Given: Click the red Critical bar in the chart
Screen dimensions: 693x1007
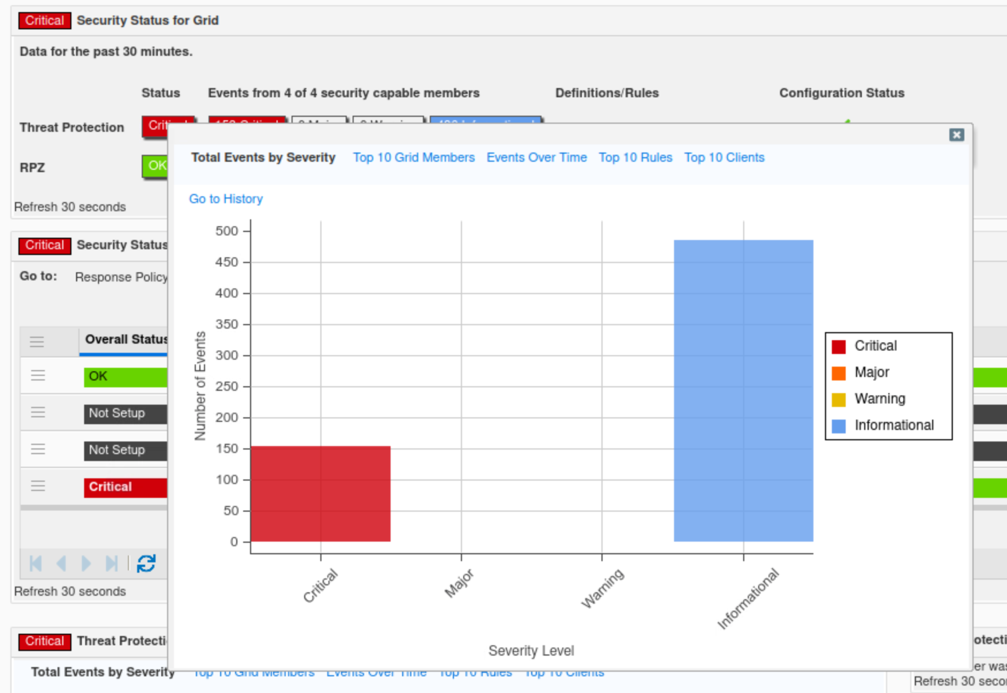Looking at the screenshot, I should click(x=320, y=493).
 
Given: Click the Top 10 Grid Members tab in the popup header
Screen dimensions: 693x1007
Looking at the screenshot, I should click(x=414, y=158).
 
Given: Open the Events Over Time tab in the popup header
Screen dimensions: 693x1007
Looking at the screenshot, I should click(x=536, y=158).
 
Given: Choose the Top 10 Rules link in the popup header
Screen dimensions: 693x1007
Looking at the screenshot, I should click(x=635, y=158).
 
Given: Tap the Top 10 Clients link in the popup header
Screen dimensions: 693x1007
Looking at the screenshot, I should click(x=724, y=158).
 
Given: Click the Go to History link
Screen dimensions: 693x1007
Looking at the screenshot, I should click(x=226, y=199).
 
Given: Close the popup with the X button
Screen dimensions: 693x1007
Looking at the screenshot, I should click(x=956, y=135).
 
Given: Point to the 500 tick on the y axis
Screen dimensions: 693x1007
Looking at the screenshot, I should click(x=226, y=231).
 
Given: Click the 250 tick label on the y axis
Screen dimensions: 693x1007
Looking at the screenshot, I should click(x=226, y=387).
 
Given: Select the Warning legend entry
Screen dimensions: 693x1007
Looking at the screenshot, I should click(x=879, y=399).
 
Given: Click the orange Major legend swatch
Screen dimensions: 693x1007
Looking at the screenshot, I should click(x=839, y=373).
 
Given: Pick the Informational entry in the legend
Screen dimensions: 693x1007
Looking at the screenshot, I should click(x=894, y=425).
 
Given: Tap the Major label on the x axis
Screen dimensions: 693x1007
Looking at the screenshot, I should click(x=459, y=583).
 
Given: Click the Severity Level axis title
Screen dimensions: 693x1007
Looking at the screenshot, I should click(x=531, y=651).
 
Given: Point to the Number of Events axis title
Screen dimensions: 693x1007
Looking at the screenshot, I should click(x=200, y=386).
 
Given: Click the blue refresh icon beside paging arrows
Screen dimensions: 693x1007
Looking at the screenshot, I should click(x=146, y=563).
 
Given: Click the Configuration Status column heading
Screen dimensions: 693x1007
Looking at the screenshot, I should click(x=842, y=93).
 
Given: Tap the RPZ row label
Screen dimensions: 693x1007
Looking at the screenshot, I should click(x=32, y=167).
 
